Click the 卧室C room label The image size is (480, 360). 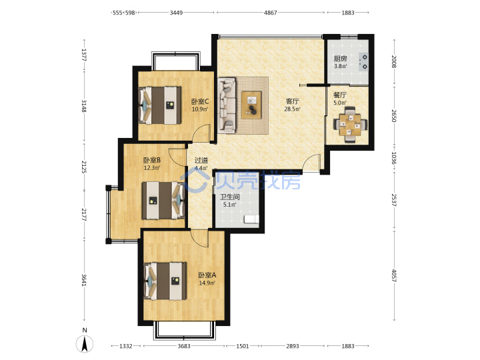(200, 101)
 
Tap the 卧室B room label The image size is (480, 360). (152, 160)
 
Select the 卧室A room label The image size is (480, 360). (207, 275)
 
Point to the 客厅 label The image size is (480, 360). (293, 101)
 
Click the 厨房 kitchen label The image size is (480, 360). (340, 59)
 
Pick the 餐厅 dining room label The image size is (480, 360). (340, 95)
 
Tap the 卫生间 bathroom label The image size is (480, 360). (230, 197)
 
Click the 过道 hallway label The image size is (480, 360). (201, 160)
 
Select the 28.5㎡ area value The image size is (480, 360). (293, 109)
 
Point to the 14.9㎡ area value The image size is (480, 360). (207, 283)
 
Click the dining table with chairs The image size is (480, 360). (350, 125)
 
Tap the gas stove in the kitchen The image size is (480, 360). (363, 62)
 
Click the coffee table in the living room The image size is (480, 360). (251, 105)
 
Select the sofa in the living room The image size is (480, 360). (227, 105)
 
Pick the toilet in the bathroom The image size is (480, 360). (251, 219)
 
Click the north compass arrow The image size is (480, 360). (85, 344)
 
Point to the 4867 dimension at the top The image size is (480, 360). (270, 13)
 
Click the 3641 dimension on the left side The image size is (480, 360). (84, 280)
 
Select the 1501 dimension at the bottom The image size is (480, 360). (243, 346)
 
